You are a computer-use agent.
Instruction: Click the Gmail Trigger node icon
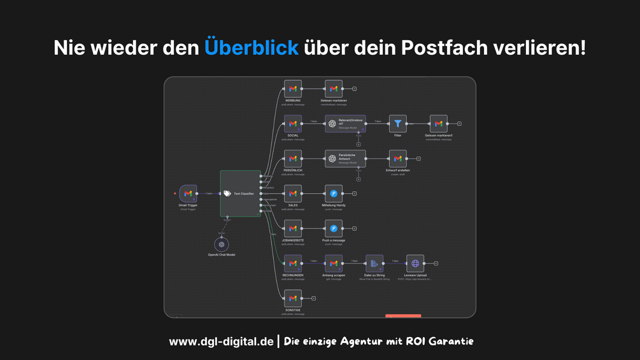coord(188,194)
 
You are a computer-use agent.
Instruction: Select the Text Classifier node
coord(240,193)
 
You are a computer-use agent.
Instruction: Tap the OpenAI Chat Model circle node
coord(222,244)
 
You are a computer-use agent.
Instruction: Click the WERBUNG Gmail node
coord(293,89)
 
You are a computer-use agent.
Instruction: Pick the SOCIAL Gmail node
coord(293,124)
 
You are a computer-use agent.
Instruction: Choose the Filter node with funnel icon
coord(398,124)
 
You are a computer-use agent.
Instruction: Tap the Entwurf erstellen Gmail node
coord(397,159)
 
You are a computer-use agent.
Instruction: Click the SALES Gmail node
coord(293,194)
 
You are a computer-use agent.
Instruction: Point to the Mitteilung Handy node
coord(334,194)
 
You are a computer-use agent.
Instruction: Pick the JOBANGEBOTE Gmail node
coord(293,228)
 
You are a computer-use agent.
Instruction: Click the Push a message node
coord(334,228)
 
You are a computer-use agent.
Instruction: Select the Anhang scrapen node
coord(334,263)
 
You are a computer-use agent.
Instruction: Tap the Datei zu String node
coord(374,263)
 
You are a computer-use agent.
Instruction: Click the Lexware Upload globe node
coord(415,263)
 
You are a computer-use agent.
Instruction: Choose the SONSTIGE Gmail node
coord(293,298)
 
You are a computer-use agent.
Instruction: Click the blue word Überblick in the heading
coord(251,48)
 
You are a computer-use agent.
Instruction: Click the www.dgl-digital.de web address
coord(221,342)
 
